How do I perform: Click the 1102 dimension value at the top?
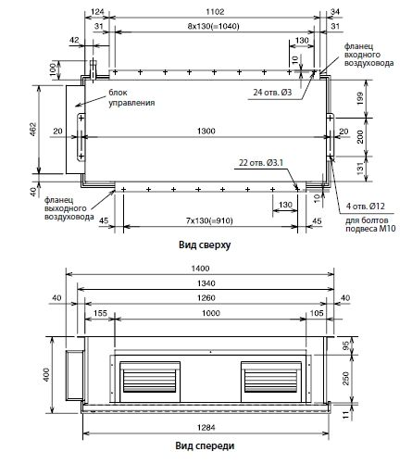pos(215,12)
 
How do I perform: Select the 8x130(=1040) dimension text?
pos(214,26)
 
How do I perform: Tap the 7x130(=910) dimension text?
pos(209,220)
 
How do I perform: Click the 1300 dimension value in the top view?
pos(206,131)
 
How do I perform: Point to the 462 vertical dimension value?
pos(32,130)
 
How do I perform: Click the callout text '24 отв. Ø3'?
pos(272,92)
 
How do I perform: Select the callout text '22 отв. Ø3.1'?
pos(261,162)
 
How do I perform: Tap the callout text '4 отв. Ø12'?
pos(365,206)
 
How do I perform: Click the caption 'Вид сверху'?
pos(205,245)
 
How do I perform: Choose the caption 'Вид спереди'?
pos(205,445)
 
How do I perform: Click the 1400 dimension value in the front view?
pos(200,269)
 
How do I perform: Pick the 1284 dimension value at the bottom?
pos(206,428)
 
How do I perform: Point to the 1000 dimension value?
pos(211,313)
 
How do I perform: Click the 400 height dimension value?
pos(46,374)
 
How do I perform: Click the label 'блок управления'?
pos(131,97)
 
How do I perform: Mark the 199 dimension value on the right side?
pos(360,98)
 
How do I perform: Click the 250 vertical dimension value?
pos(345,379)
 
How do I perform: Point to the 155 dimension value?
pos(100,313)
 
